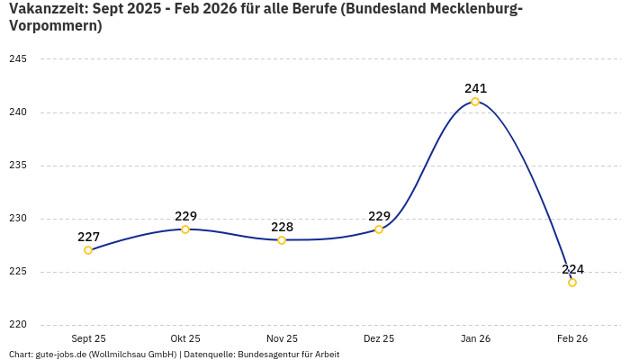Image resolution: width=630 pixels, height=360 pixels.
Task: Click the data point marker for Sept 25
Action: tap(88, 250)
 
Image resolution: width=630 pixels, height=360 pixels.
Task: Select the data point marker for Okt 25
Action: tap(185, 229)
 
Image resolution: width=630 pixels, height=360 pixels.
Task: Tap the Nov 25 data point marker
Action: tap(282, 240)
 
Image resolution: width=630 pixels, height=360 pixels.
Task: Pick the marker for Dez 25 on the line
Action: tap(379, 229)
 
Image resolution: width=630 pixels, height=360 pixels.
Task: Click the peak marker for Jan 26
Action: tap(475, 102)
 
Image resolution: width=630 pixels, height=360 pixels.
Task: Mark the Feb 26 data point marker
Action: tap(572, 283)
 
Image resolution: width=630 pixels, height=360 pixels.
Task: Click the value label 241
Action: tap(475, 88)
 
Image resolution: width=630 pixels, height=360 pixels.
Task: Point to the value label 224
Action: tap(572, 269)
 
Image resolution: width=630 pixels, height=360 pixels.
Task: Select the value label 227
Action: tap(88, 237)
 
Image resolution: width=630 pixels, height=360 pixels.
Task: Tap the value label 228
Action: tap(282, 227)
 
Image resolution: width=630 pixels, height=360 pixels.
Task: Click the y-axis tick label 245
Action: tap(18, 59)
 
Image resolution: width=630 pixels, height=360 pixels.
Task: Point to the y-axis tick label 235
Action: tap(18, 166)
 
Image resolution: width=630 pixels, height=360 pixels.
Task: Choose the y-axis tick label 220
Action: tap(18, 325)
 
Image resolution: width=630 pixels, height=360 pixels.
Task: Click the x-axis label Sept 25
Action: tap(88, 338)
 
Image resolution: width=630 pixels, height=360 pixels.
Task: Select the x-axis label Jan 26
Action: tap(475, 338)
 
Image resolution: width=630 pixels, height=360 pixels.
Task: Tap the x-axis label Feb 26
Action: tap(572, 338)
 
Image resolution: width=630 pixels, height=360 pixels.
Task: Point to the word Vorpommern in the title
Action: tap(55, 26)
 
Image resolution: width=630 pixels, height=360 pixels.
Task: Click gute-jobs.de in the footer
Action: tap(61, 355)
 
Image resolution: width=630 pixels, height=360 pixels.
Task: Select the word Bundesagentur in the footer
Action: tap(268, 355)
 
